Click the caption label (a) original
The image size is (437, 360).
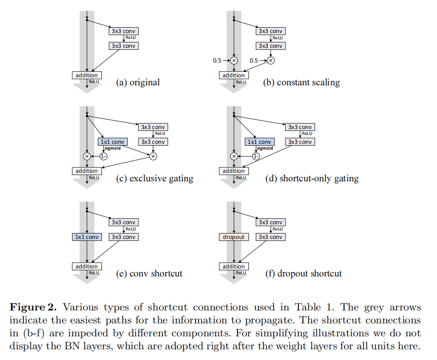coord(138,82)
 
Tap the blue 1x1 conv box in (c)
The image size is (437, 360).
coord(112,142)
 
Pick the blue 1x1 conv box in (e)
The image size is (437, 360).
coord(86,237)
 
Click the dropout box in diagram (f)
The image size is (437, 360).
coord(233,237)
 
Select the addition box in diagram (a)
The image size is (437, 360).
coord(86,75)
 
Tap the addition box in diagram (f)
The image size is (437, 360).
coord(233,267)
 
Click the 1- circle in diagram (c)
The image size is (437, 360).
coord(104,156)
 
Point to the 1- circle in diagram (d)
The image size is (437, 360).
coord(256,156)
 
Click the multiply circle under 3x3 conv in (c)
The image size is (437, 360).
coord(153,156)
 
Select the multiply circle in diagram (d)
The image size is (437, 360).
coord(233,156)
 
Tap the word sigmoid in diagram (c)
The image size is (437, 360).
coord(112,148)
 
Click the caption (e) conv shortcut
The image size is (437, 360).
coord(149,273)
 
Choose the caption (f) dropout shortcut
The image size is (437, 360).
coord(303,273)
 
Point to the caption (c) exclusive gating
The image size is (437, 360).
coord(155,179)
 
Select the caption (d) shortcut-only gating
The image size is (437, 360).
coord(312,179)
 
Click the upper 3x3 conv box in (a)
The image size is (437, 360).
coord(123,31)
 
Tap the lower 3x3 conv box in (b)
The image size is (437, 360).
coord(270,46)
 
